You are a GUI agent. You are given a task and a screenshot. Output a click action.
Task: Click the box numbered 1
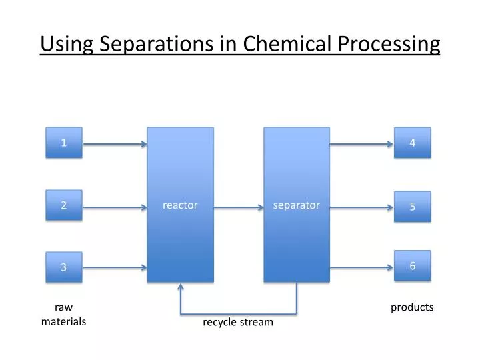point(64,143)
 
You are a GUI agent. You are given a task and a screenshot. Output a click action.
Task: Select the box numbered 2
point(64,205)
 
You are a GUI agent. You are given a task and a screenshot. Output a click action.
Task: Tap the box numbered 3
point(64,267)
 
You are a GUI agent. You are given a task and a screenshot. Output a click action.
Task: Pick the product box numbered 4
point(412,143)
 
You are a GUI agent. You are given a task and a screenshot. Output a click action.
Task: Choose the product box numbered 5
point(412,207)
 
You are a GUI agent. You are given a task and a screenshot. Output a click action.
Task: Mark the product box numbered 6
point(412,266)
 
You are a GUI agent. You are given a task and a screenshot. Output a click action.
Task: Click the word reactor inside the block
point(180,205)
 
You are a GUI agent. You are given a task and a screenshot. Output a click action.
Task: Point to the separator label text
point(297,205)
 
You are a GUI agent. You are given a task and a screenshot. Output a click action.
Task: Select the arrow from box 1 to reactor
point(115,143)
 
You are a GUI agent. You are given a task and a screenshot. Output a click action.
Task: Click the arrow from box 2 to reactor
point(115,207)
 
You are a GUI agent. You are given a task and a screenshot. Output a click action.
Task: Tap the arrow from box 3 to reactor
point(115,268)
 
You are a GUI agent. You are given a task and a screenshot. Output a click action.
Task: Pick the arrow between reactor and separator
point(239,207)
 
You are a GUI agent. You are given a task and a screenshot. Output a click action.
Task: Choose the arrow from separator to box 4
point(362,143)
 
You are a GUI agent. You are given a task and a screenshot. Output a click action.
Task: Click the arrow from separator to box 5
point(362,207)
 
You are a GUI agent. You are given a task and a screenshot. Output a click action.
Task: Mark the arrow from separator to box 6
point(362,268)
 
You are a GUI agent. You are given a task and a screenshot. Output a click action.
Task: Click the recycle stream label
point(238,323)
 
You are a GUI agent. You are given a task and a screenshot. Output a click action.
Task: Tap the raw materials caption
point(63,314)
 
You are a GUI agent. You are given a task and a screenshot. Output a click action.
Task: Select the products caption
point(412,307)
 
